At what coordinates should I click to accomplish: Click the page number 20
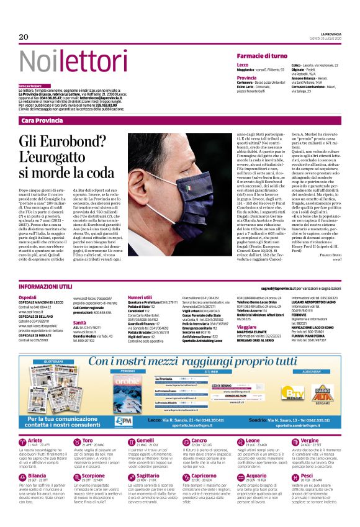pyautogui.click(x=24, y=37)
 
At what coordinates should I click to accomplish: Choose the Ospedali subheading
pyautogui.click(x=28, y=297)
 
